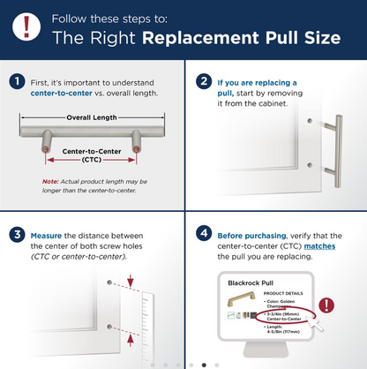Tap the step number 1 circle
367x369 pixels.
click(x=17, y=81)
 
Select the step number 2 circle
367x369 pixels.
click(x=204, y=81)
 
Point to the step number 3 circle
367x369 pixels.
click(x=17, y=236)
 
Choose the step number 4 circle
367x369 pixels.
click(x=204, y=236)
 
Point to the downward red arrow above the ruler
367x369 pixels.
click(x=131, y=282)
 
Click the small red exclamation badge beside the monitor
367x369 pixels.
click(x=328, y=305)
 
